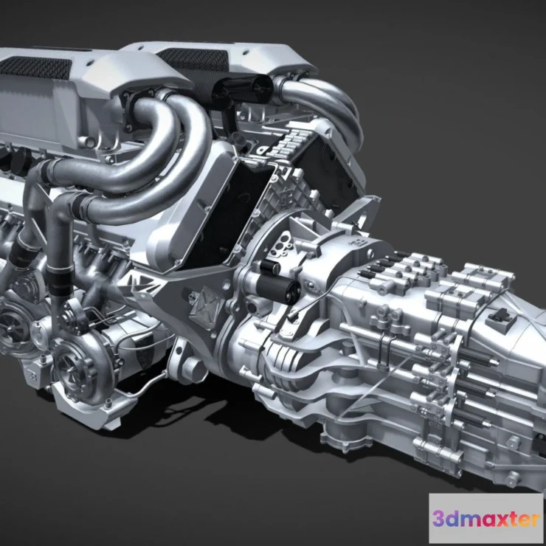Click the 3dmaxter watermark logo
pos(485,519)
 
